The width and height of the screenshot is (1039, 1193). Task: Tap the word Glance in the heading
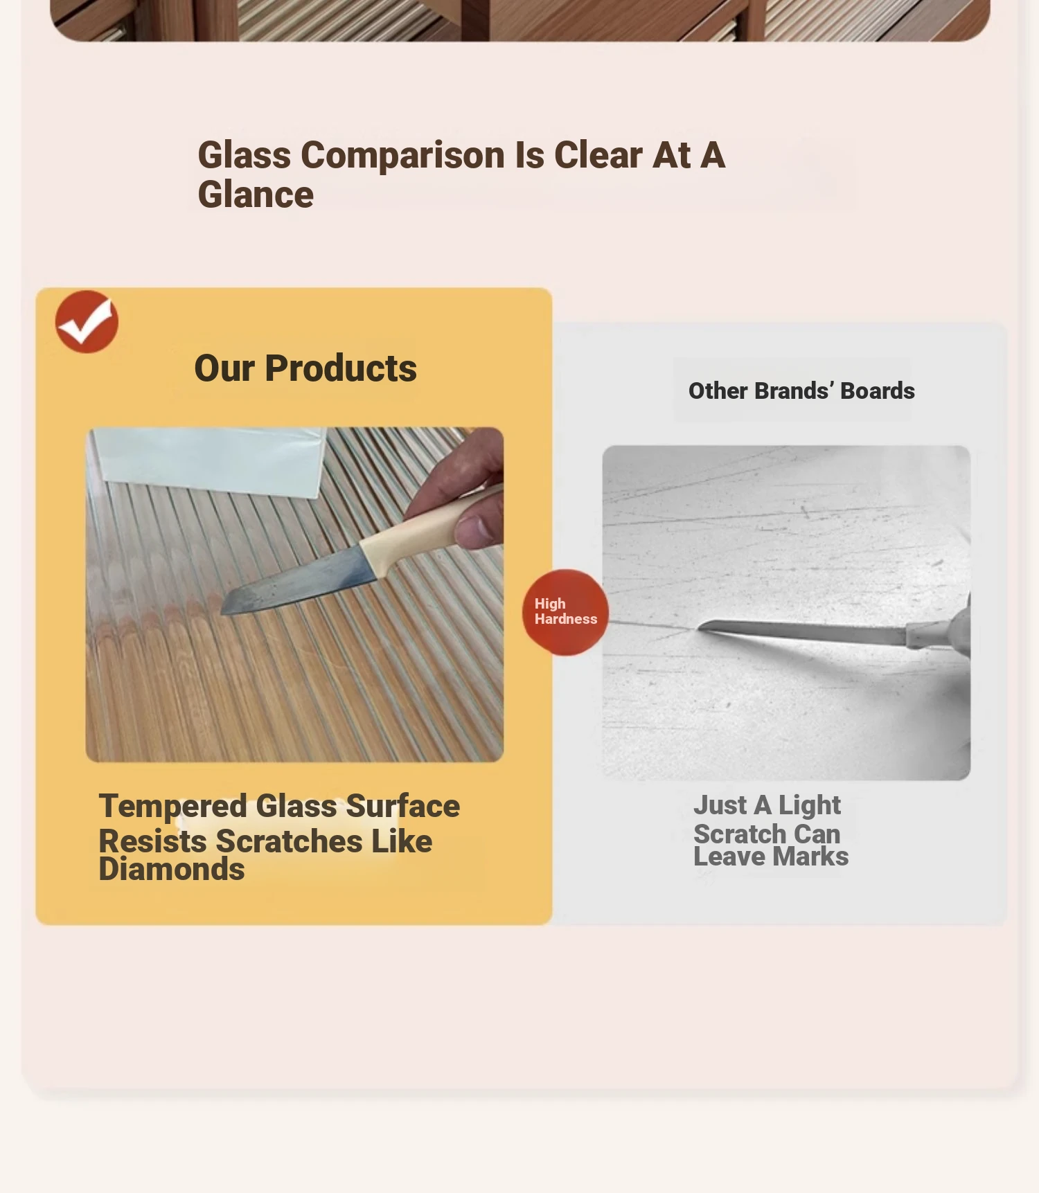click(256, 195)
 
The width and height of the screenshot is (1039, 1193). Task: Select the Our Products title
click(305, 368)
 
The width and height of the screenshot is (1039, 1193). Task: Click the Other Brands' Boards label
click(801, 391)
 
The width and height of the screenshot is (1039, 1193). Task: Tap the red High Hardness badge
click(565, 612)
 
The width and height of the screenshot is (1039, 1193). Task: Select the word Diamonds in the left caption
click(172, 870)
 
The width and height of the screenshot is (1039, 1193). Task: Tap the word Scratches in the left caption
click(290, 841)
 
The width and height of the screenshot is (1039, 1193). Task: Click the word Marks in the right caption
click(810, 857)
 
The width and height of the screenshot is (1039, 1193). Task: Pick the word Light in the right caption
click(810, 806)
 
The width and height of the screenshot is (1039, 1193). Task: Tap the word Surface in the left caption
click(403, 806)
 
